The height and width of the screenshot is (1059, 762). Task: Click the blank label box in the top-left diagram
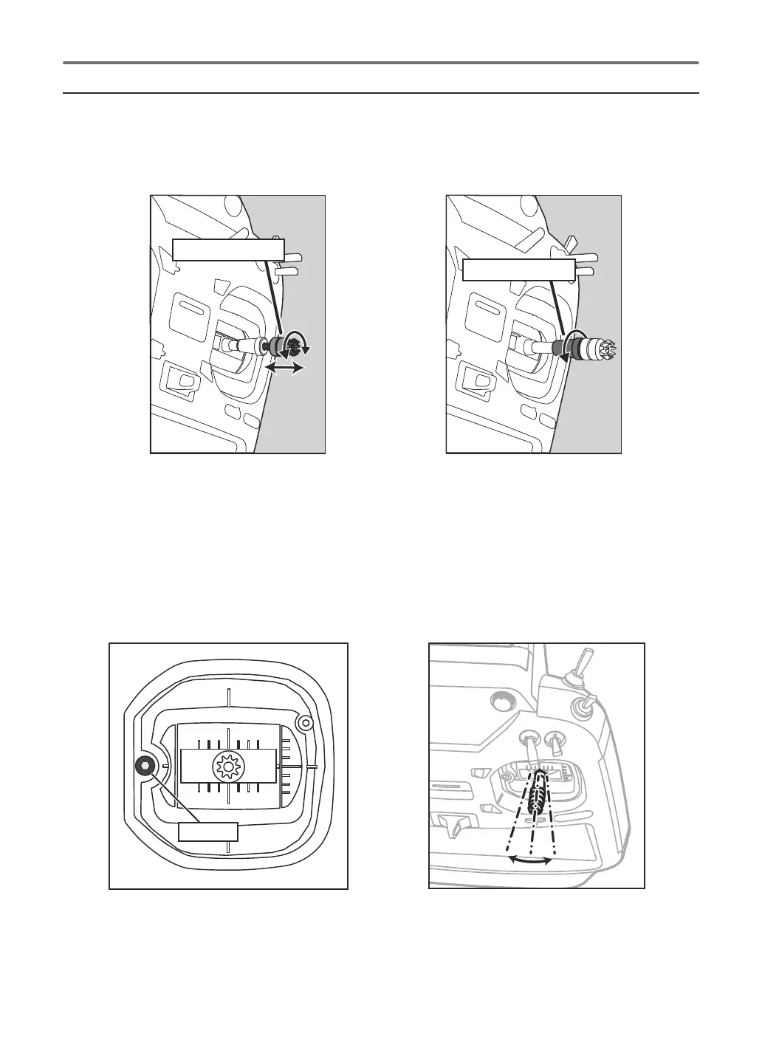pyautogui.click(x=228, y=250)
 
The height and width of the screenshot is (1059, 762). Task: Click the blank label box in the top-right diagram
pyautogui.click(x=518, y=270)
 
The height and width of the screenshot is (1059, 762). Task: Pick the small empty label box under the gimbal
pyautogui.click(x=208, y=832)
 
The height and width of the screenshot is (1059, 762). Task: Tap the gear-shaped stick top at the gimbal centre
pyautogui.click(x=227, y=768)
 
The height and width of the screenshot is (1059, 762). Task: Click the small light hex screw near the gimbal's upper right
pyautogui.click(x=305, y=721)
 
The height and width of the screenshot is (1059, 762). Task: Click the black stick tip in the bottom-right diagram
pyautogui.click(x=540, y=794)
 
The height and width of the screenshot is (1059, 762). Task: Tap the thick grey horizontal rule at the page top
pyautogui.click(x=381, y=63)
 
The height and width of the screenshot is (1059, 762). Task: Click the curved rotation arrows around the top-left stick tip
pyautogui.click(x=299, y=342)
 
